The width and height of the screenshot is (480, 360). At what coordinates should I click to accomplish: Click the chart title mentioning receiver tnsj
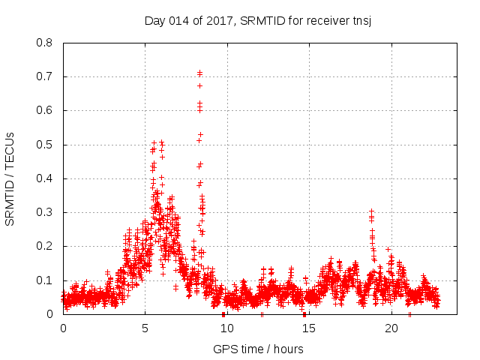[x=258, y=20]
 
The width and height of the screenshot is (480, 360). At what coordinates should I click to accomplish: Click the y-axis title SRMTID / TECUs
[x=10, y=178]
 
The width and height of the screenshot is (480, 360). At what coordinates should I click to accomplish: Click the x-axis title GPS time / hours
[x=258, y=349]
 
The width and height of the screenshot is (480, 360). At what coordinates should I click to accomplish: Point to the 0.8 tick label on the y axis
[x=44, y=43]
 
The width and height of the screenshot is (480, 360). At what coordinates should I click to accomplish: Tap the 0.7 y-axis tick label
[x=44, y=76]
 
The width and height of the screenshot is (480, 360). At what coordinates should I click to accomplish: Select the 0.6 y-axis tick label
[x=44, y=110]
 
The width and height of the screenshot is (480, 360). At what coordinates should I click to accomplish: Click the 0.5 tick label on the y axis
[x=44, y=145]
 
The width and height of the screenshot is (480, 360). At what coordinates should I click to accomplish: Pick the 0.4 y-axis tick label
[x=44, y=178]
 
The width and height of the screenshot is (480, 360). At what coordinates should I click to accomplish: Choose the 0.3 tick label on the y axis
[x=44, y=212]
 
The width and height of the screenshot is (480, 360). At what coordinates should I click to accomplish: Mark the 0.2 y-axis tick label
[x=44, y=246]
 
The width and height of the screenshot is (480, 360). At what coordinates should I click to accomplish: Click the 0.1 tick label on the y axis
[x=44, y=280]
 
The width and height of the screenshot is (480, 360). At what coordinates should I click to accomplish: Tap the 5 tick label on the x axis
[x=145, y=328]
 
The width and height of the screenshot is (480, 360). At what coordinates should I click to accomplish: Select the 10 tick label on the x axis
[x=227, y=328]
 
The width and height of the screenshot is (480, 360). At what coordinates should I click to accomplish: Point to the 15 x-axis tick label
[x=309, y=328]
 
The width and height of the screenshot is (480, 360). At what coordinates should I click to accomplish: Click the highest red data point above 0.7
[x=199, y=73]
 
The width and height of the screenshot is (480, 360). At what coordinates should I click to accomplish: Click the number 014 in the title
[x=180, y=20]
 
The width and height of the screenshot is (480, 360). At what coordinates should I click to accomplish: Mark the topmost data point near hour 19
[x=370, y=211]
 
